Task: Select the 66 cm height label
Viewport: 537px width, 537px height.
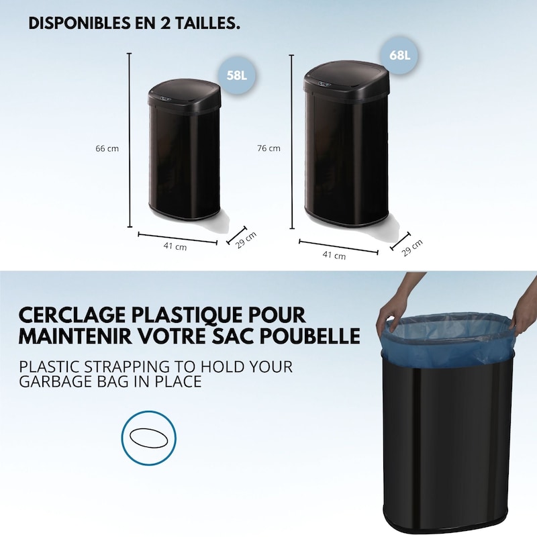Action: [107, 149]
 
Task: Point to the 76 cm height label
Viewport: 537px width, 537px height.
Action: [269, 149]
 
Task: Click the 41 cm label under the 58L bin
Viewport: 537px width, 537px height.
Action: [175, 246]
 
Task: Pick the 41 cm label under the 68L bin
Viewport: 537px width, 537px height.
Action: [334, 255]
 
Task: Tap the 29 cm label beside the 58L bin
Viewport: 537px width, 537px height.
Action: [246, 240]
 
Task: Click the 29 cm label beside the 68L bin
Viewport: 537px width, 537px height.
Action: [412, 248]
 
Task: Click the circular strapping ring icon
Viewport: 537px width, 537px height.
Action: [150, 438]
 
